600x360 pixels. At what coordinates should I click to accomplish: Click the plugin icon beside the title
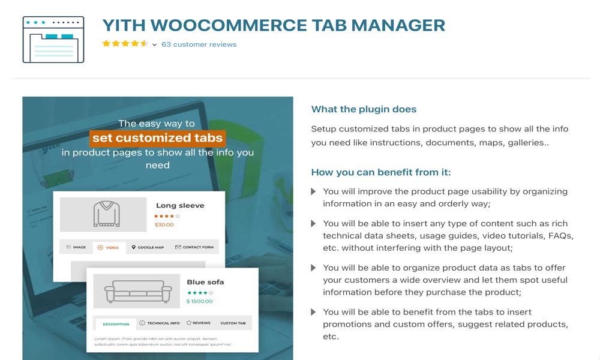click(x=53, y=40)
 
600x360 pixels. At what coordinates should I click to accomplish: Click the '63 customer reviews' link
click(x=199, y=44)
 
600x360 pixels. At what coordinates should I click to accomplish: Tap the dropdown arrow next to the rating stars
click(x=154, y=45)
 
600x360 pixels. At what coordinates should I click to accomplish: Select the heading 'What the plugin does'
click(x=364, y=109)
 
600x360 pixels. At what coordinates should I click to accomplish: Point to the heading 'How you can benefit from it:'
click(x=380, y=172)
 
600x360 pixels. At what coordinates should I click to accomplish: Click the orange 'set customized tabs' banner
click(x=157, y=138)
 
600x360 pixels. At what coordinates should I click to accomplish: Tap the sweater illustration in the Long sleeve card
click(x=106, y=214)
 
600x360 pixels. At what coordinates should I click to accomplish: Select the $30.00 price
click(x=164, y=224)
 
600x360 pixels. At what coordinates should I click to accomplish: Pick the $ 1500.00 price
click(x=199, y=301)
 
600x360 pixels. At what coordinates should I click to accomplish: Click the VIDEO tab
click(x=109, y=247)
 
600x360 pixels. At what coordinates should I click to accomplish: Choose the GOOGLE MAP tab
click(x=148, y=247)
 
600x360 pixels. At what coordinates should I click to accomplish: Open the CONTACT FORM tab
click(x=194, y=247)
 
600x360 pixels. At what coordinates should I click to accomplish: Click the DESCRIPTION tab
click(x=116, y=324)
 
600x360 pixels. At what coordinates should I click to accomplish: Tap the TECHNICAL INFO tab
click(x=160, y=323)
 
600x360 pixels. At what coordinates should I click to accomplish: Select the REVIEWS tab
click(x=199, y=323)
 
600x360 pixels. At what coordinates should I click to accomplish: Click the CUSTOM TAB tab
click(x=233, y=323)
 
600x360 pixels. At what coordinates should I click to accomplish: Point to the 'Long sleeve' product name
click(x=180, y=205)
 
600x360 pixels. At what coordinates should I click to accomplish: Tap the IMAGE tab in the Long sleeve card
click(x=76, y=247)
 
